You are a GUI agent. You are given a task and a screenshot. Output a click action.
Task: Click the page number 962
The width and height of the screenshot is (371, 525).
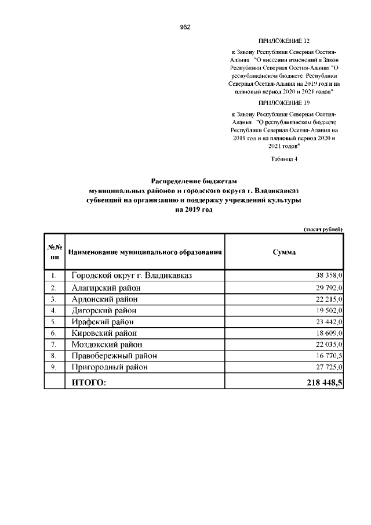(185, 27)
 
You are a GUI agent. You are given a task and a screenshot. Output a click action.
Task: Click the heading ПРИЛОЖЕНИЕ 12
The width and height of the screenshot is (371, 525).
(283, 42)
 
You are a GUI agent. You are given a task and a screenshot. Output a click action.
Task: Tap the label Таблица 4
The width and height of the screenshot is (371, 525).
(283, 159)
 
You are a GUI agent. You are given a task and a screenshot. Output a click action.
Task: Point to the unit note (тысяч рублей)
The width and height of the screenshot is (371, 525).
(323, 229)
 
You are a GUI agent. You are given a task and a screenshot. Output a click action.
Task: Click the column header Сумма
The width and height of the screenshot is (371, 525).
(284, 252)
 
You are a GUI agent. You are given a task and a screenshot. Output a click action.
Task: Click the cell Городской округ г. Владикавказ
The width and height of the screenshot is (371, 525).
(132, 276)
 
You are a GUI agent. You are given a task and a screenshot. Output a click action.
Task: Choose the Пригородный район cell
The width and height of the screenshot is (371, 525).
(110, 367)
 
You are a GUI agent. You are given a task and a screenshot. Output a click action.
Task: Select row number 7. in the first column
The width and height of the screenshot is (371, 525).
(53, 345)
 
